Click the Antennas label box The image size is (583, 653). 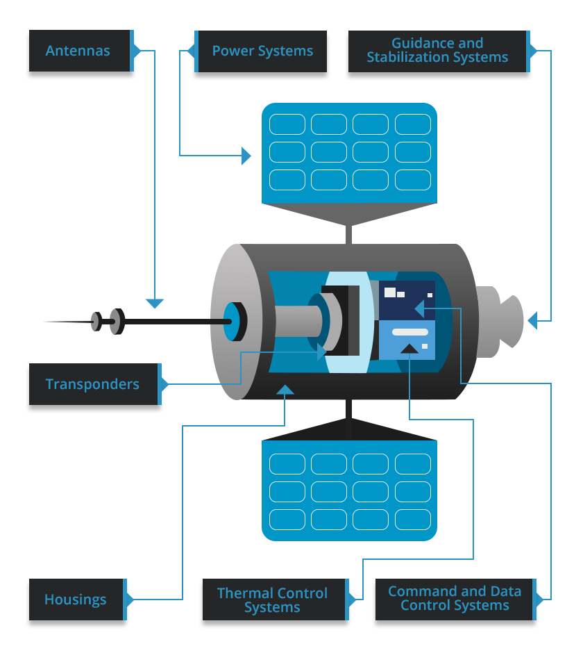pyautogui.click(x=78, y=51)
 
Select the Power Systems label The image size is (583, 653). pyautogui.click(x=262, y=51)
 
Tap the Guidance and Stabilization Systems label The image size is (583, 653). pyautogui.click(x=437, y=51)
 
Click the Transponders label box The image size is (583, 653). pyautogui.click(x=93, y=384)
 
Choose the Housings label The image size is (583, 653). pyautogui.click(x=76, y=600)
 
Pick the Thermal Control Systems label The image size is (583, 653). pyautogui.click(x=272, y=600)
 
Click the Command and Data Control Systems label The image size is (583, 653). pyautogui.click(x=455, y=599)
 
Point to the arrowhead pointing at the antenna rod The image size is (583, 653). pyautogui.click(x=155, y=304)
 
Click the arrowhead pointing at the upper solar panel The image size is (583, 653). pyautogui.click(x=246, y=156)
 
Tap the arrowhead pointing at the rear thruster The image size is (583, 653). pyautogui.click(x=532, y=320)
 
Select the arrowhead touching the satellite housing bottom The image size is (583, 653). pyautogui.click(x=285, y=390)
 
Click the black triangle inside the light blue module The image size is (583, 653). pyautogui.click(x=409, y=348)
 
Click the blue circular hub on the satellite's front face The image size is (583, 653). pyautogui.click(x=233, y=321)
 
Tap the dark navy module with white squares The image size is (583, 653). pyautogui.click(x=407, y=299)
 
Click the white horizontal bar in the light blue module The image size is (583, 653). pyautogui.click(x=409, y=331)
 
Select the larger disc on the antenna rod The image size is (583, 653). pyautogui.click(x=117, y=321)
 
